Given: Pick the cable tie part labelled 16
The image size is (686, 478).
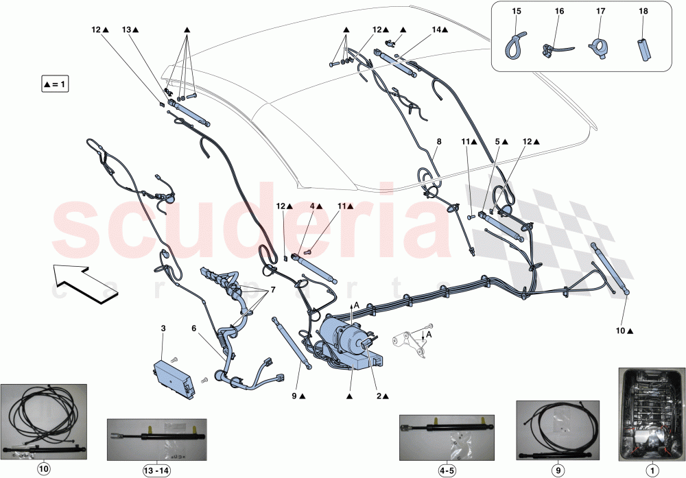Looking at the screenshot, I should [x=552, y=49].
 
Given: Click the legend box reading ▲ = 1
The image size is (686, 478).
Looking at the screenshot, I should [x=56, y=85].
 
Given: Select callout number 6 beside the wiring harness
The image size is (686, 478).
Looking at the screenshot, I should [x=193, y=328].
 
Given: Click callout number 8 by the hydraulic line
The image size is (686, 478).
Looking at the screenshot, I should [x=438, y=143].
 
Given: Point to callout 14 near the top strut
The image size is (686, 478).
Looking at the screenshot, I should [x=436, y=30].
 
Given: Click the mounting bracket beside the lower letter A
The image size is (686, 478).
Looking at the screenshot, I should [x=411, y=343].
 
